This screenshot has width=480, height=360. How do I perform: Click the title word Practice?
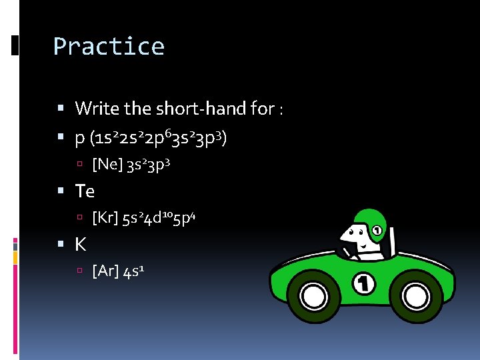[x=109, y=47]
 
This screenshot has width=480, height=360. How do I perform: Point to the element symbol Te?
[x=85, y=191]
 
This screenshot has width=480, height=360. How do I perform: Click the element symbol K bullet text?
[x=80, y=245]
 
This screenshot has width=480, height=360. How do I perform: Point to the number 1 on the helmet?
[x=377, y=231]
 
